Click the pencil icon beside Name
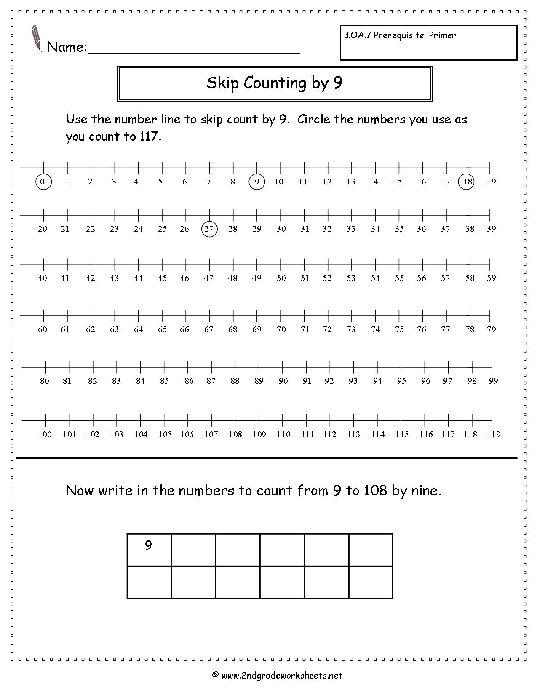pos(36,38)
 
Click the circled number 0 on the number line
pos(43,182)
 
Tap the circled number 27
pos(209,229)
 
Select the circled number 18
pos(466,182)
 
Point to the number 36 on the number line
pos(422,229)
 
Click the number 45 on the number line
pos(162,278)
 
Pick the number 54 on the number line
pos(375,278)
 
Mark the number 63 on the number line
pos(114,329)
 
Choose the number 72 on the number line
pos(327,329)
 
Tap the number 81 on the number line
pos(67,381)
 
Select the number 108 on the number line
pos(235,434)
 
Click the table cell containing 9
pos(149,549)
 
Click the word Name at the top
pos(66,47)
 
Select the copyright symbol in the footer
pos(215,675)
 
